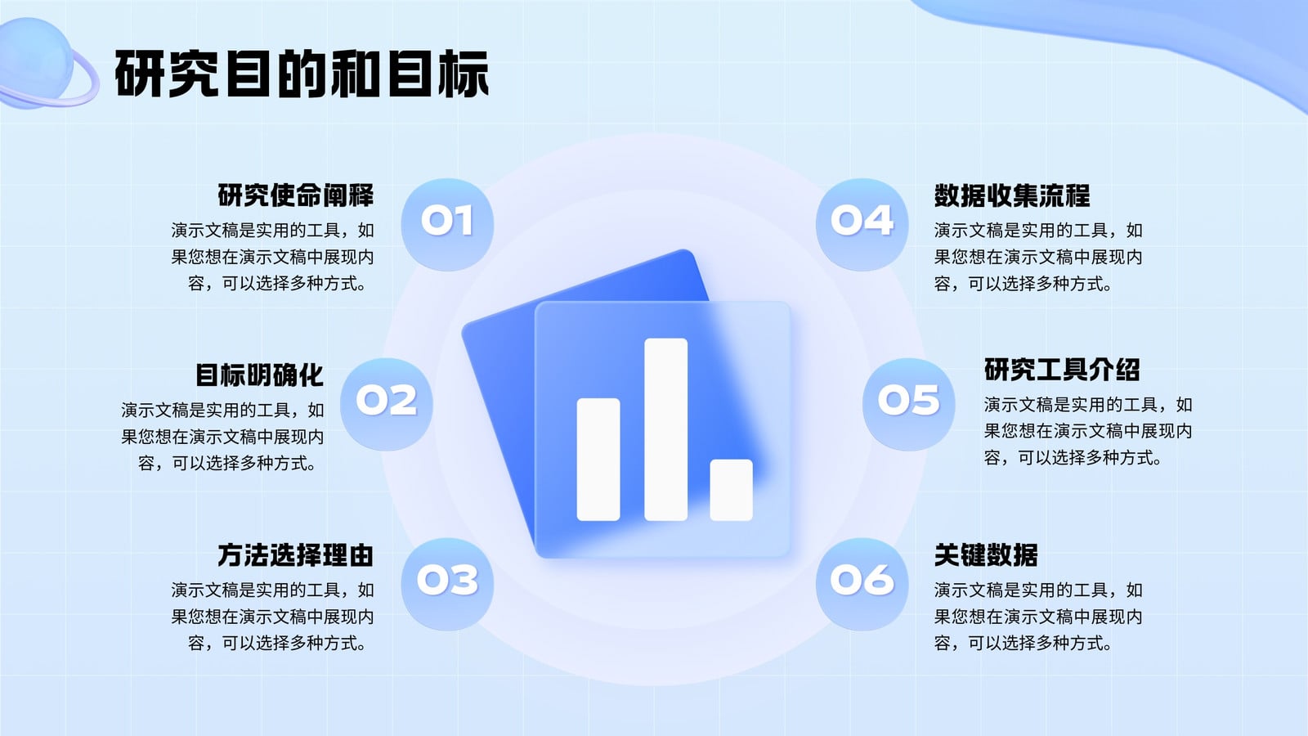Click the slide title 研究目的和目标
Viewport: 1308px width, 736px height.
[x=302, y=74]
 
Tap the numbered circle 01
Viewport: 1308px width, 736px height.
[x=447, y=224]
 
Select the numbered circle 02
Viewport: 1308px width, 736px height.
[x=387, y=404]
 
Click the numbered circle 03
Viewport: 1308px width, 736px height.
[x=447, y=584]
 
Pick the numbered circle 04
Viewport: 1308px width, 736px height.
[x=862, y=224]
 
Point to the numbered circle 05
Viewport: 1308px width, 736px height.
[x=908, y=404]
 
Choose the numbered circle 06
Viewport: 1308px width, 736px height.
[x=862, y=584]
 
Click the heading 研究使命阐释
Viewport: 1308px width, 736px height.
[x=295, y=195]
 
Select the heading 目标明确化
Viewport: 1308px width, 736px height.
[x=259, y=375]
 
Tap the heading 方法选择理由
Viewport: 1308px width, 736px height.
[x=295, y=555]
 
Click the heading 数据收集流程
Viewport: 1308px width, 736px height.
[x=1012, y=195]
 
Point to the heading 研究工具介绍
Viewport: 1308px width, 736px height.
[x=1062, y=369]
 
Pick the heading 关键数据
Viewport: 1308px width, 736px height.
[x=986, y=555]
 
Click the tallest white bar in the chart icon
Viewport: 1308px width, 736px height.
[x=665, y=429]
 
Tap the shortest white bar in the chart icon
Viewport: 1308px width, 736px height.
[x=731, y=490]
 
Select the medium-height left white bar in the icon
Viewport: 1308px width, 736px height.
[x=598, y=460]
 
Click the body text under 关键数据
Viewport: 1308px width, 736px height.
[x=1038, y=617]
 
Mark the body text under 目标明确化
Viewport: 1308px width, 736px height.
[x=222, y=437]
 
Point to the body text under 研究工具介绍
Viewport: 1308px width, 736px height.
[x=1088, y=430]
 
